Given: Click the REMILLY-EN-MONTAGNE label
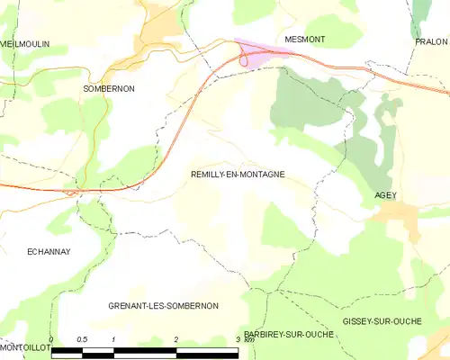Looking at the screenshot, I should pos(238,175).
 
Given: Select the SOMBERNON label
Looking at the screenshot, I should pos(107,89).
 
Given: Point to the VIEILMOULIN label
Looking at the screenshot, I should pos(24,43).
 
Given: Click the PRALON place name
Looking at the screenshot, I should pos(430,41).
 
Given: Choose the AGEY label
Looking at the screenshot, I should pos(385,195).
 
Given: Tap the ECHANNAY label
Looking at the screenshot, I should pos(49,253).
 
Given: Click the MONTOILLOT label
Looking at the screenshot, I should pos(24,346).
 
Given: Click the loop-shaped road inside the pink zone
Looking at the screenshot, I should pos(244,59).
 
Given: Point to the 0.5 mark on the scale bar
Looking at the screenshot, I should pos(82,339).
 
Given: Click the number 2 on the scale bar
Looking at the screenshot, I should pos(175,339).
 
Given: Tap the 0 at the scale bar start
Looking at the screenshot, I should pos(51,339).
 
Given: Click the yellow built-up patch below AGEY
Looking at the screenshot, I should pos(396,216).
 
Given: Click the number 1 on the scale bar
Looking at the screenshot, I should pos(113,339).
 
